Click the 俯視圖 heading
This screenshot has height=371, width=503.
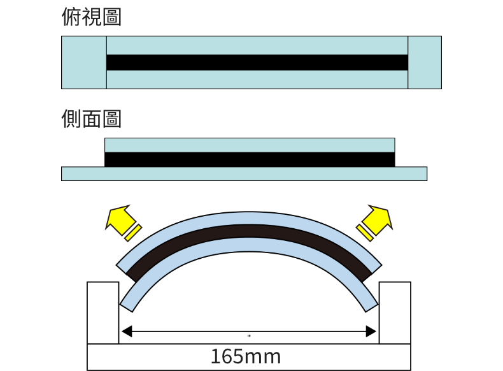tap(92, 17)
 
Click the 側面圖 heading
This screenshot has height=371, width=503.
tap(92, 119)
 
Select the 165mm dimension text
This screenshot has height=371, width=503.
tap(245, 356)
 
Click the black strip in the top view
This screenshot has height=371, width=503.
tap(257, 62)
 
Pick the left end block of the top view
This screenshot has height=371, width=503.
tap(84, 62)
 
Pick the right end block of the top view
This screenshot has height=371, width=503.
tap(424, 62)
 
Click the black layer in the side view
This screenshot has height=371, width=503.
tap(249, 159)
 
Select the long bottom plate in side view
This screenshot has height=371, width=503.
tap(244, 173)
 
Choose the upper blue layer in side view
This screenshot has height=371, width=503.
tap(249, 145)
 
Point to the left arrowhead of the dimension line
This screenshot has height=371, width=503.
tap(127, 331)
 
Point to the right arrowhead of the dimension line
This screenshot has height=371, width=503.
tap(370, 331)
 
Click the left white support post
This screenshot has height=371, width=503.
tap(103, 312)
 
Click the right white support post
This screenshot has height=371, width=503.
tap(395, 312)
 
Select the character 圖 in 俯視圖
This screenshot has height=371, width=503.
tap(111, 17)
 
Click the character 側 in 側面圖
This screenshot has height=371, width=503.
tap(71, 119)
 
